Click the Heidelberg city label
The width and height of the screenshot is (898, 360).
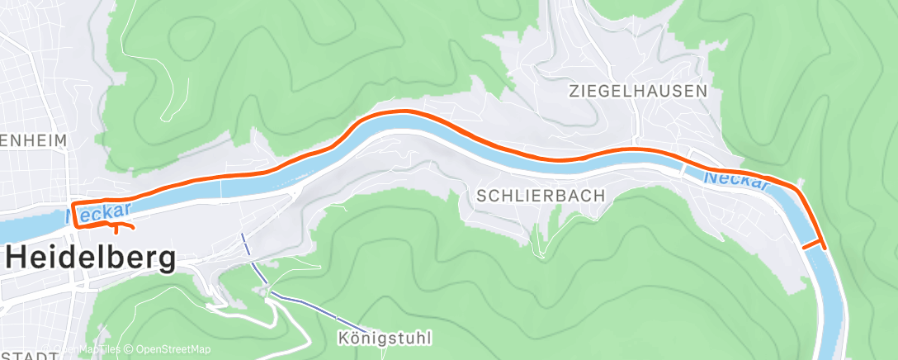coord(92,259)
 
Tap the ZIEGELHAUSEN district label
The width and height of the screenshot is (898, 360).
coord(638,91)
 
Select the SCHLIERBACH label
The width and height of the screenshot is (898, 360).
coord(541,196)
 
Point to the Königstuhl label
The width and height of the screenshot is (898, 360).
coord(385,339)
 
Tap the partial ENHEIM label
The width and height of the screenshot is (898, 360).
coord(33,142)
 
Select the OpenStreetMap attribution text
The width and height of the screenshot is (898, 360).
coord(173,349)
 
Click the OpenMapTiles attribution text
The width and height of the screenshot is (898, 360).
coord(83,349)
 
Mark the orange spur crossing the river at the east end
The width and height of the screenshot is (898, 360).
coord(812,245)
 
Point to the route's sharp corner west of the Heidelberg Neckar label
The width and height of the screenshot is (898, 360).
coord(73,202)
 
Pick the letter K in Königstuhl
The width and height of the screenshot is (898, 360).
coord(343,339)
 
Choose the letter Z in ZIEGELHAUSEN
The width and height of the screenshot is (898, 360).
coord(573,91)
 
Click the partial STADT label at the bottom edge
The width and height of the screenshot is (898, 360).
coord(30,356)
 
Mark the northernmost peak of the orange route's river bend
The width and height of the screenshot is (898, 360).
coord(403,111)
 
